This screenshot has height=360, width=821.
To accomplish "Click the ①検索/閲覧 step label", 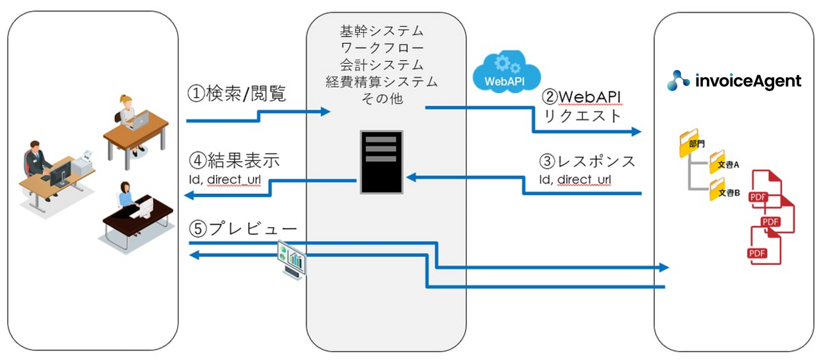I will click(236, 94).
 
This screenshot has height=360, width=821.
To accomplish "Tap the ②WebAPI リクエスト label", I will click(582, 106).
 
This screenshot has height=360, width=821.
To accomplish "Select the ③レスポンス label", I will click(587, 161).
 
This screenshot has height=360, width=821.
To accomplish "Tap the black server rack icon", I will click(381, 162).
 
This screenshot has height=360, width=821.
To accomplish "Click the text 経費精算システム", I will click(381, 81).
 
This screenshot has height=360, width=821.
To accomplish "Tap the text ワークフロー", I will click(381, 48).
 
